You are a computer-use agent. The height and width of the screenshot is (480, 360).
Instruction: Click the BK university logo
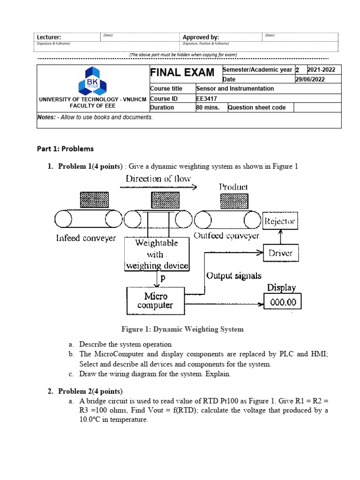(x=92, y=80)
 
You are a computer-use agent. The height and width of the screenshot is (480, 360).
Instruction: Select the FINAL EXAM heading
(x=182, y=73)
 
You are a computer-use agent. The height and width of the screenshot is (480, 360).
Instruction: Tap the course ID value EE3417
(x=206, y=98)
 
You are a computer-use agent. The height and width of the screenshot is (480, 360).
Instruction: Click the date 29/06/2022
(x=310, y=79)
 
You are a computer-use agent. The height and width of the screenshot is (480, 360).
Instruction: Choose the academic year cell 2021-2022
(x=321, y=70)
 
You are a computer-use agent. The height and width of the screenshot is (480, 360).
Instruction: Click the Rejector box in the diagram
(x=280, y=221)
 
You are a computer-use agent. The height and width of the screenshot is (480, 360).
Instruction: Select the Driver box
(x=280, y=253)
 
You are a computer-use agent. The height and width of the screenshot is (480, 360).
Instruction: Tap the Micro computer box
(x=156, y=301)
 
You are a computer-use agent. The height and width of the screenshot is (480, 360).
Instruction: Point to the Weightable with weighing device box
(x=157, y=254)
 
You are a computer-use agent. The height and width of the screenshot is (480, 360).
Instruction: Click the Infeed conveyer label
(x=86, y=238)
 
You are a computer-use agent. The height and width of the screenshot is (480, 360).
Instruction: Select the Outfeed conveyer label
(x=226, y=236)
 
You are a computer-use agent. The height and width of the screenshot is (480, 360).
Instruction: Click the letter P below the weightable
(x=163, y=278)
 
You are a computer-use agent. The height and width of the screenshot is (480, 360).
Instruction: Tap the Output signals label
(x=234, y=276)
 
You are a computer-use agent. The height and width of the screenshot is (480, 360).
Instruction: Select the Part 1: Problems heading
(x=65, y=149)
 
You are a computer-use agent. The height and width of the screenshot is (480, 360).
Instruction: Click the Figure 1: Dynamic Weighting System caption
(x=182, y=329)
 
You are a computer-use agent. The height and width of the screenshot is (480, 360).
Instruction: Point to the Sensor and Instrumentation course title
(x=235, y=88)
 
